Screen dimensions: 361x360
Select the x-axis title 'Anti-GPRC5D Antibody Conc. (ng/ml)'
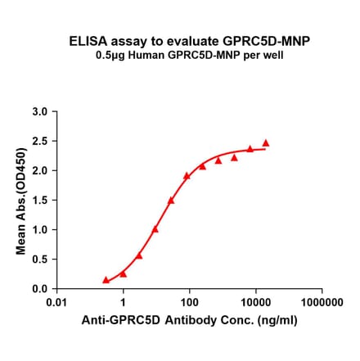tap(189, 323)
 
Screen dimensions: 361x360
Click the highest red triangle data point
tap(266, 142)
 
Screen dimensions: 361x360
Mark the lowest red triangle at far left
tap(106, 280)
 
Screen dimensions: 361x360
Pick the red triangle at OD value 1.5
tap(171, 200)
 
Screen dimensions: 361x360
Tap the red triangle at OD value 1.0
tap(155, 229)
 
